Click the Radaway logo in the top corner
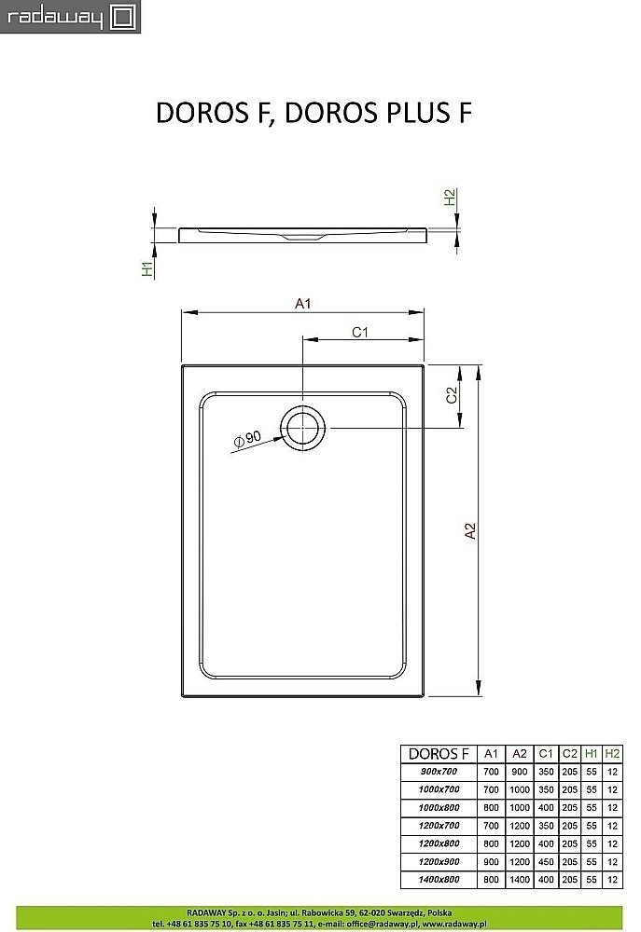click(x=70, y=17)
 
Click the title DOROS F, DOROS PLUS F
click(x=313, y=113)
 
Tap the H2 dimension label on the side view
click(x=449, y=199)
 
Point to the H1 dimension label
click(x=146, y=269)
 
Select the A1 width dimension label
click(x=302, y=303)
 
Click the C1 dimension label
click(x=361, y=332)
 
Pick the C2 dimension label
click(x=450, y=395)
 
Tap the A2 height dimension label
click(x=470, y=530)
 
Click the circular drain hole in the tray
click(x=304, y=429)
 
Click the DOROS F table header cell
click(x=433, y=753)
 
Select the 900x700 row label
click(x=433, y=772)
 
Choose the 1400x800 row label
click(x=433, y=880)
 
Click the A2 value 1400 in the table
click(x=520, y=880)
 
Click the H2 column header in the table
click(x=612, y=753)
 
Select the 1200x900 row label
click(x=433, y=862)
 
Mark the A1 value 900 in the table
click(x=491, y=862)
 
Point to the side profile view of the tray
click(x=302, y=233)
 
